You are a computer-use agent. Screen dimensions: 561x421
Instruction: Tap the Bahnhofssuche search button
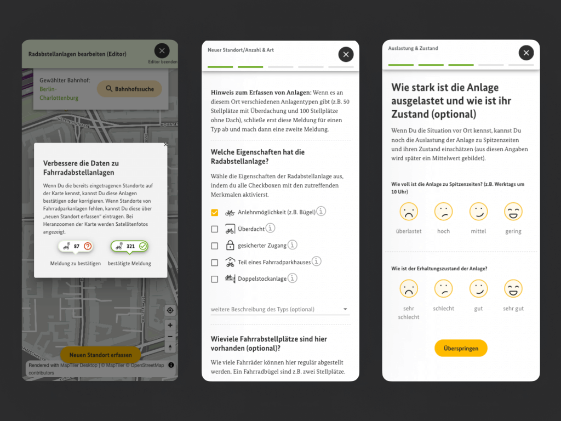129,89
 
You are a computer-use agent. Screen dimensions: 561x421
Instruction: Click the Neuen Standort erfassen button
101,355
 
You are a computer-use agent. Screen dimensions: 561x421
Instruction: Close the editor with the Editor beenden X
162,51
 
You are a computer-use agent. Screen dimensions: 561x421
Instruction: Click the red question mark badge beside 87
88,246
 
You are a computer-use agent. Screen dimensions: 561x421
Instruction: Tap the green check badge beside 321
143,246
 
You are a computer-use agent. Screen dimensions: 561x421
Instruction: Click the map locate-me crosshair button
170,310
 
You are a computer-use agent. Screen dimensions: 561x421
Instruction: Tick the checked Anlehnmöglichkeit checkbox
215,213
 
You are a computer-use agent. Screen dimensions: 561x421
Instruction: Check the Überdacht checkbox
215,229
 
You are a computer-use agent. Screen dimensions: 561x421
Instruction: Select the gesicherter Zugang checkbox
215,246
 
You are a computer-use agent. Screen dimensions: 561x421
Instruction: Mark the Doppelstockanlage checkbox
215,279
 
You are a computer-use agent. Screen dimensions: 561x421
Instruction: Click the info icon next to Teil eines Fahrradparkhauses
316,261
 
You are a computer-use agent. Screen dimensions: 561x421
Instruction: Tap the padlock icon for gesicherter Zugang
230,245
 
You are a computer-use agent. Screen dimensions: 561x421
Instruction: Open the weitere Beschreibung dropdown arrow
345,309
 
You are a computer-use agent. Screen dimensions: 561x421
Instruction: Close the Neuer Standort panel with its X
346,54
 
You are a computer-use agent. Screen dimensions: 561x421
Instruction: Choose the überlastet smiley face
409,212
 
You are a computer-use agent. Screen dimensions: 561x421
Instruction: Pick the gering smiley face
513,212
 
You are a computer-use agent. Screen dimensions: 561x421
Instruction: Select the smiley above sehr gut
513,288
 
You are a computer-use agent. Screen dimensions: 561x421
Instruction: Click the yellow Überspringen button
461,348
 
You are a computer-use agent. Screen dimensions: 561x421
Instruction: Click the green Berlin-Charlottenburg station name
59,93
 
